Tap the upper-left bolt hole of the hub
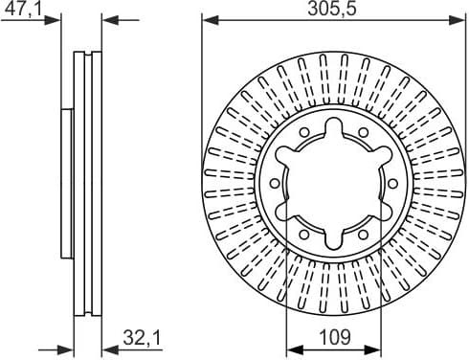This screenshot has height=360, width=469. pos(304,133)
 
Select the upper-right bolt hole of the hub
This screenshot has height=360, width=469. pos(364,133)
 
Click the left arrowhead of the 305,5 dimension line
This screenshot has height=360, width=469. pos(208,18)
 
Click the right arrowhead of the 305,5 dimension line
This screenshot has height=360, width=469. pos(460,18)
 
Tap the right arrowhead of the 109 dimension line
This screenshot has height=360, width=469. pos(377,347)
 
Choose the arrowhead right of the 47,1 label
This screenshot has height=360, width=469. pos(67,18)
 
